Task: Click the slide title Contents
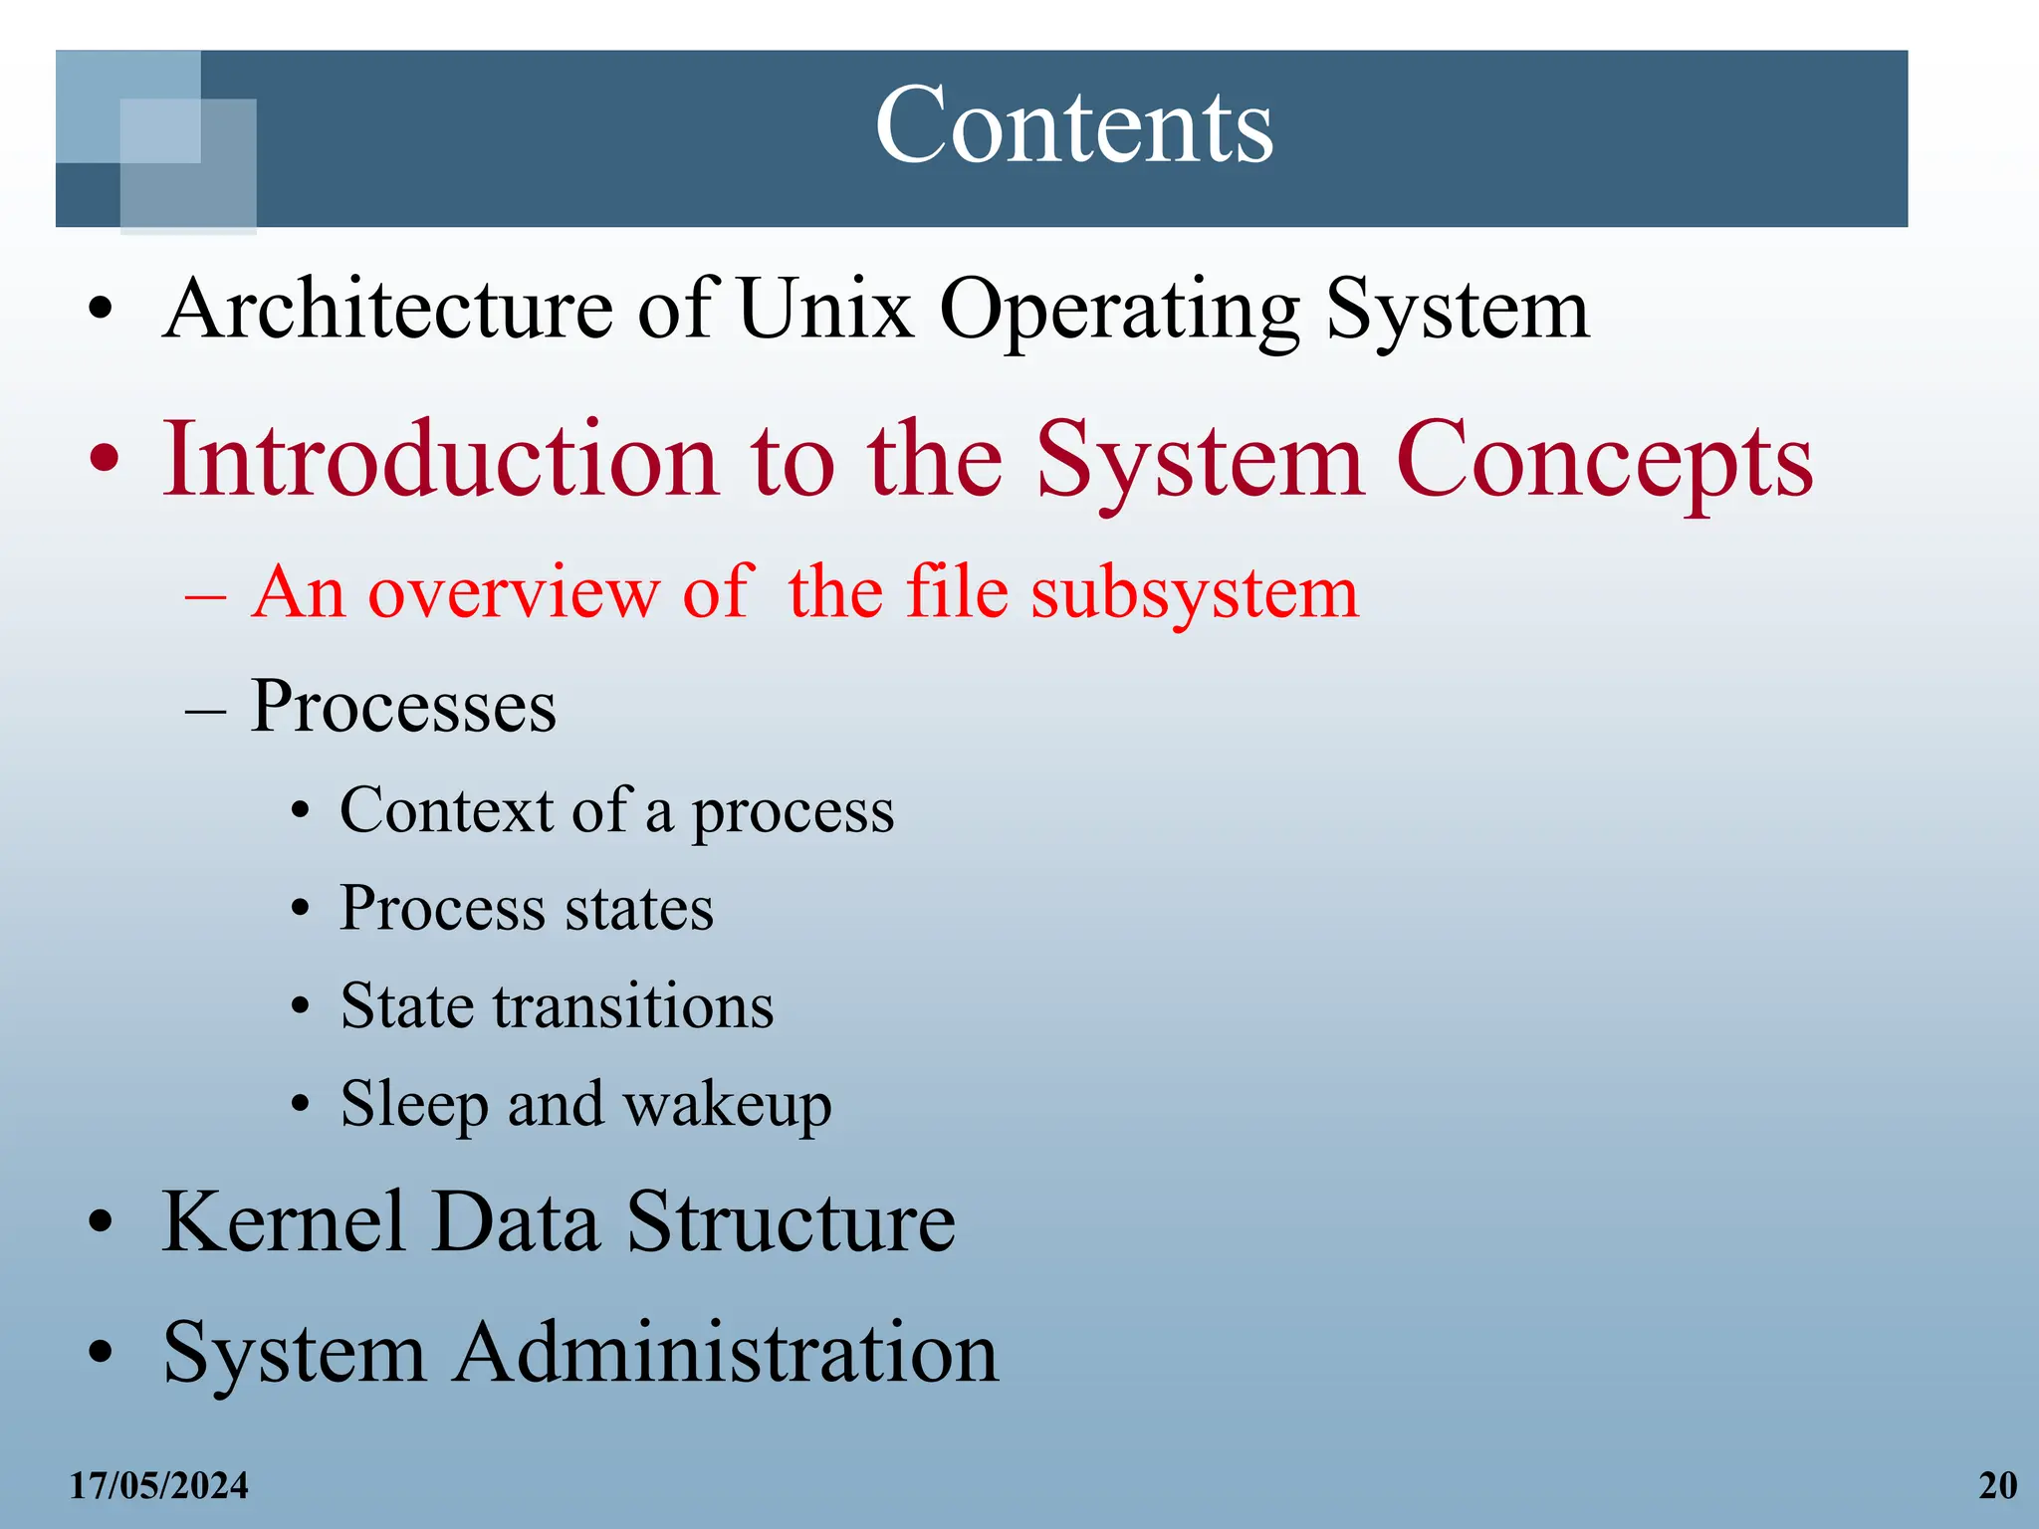(1073, 126)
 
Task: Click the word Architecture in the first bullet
(387, 310)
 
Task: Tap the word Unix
(826, 310)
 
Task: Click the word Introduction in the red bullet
(440, 459)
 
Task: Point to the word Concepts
(1604, 461)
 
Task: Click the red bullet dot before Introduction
(105, 461)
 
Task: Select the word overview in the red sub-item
(513, 593)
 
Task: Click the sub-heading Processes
(403, 707)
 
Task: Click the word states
(639, 909)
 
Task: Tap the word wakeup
(727, 1106)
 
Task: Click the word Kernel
(284, 1222)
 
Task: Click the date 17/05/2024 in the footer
(158, 1486)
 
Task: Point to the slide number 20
(1997, 1486)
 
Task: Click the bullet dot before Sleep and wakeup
(301, 1105)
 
